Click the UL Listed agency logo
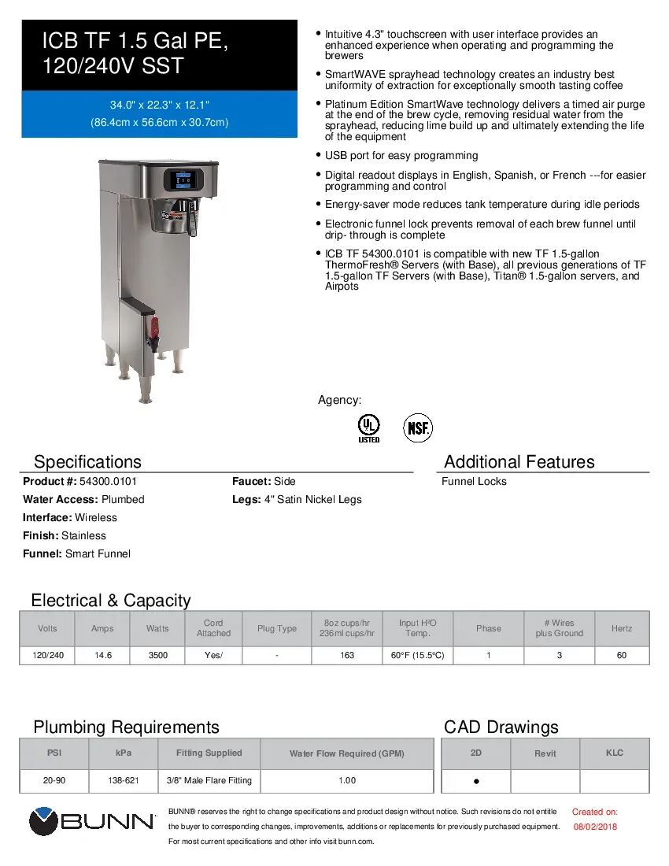(x=368, y=428)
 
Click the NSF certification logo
(x=418, y=428)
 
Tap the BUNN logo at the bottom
(x=93, y=822)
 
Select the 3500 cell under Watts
(x=157, y=655)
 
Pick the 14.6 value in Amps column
(x=102, y=655)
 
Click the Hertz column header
(x=621, y=628)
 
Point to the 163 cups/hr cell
(x=347, y=655)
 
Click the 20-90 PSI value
(x=54, y=780)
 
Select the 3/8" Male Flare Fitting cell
(x=209, y=780)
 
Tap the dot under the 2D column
(x=476, y=782)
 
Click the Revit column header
(x=545, y=753)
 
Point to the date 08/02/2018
(x=594, y=827)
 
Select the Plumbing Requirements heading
(x=126, y=727)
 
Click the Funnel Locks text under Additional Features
(x=474, y=481)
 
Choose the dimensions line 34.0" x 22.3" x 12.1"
(x=159, y=105)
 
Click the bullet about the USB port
(x=401, y=156)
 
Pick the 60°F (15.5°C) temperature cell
(x=417, y=655)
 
